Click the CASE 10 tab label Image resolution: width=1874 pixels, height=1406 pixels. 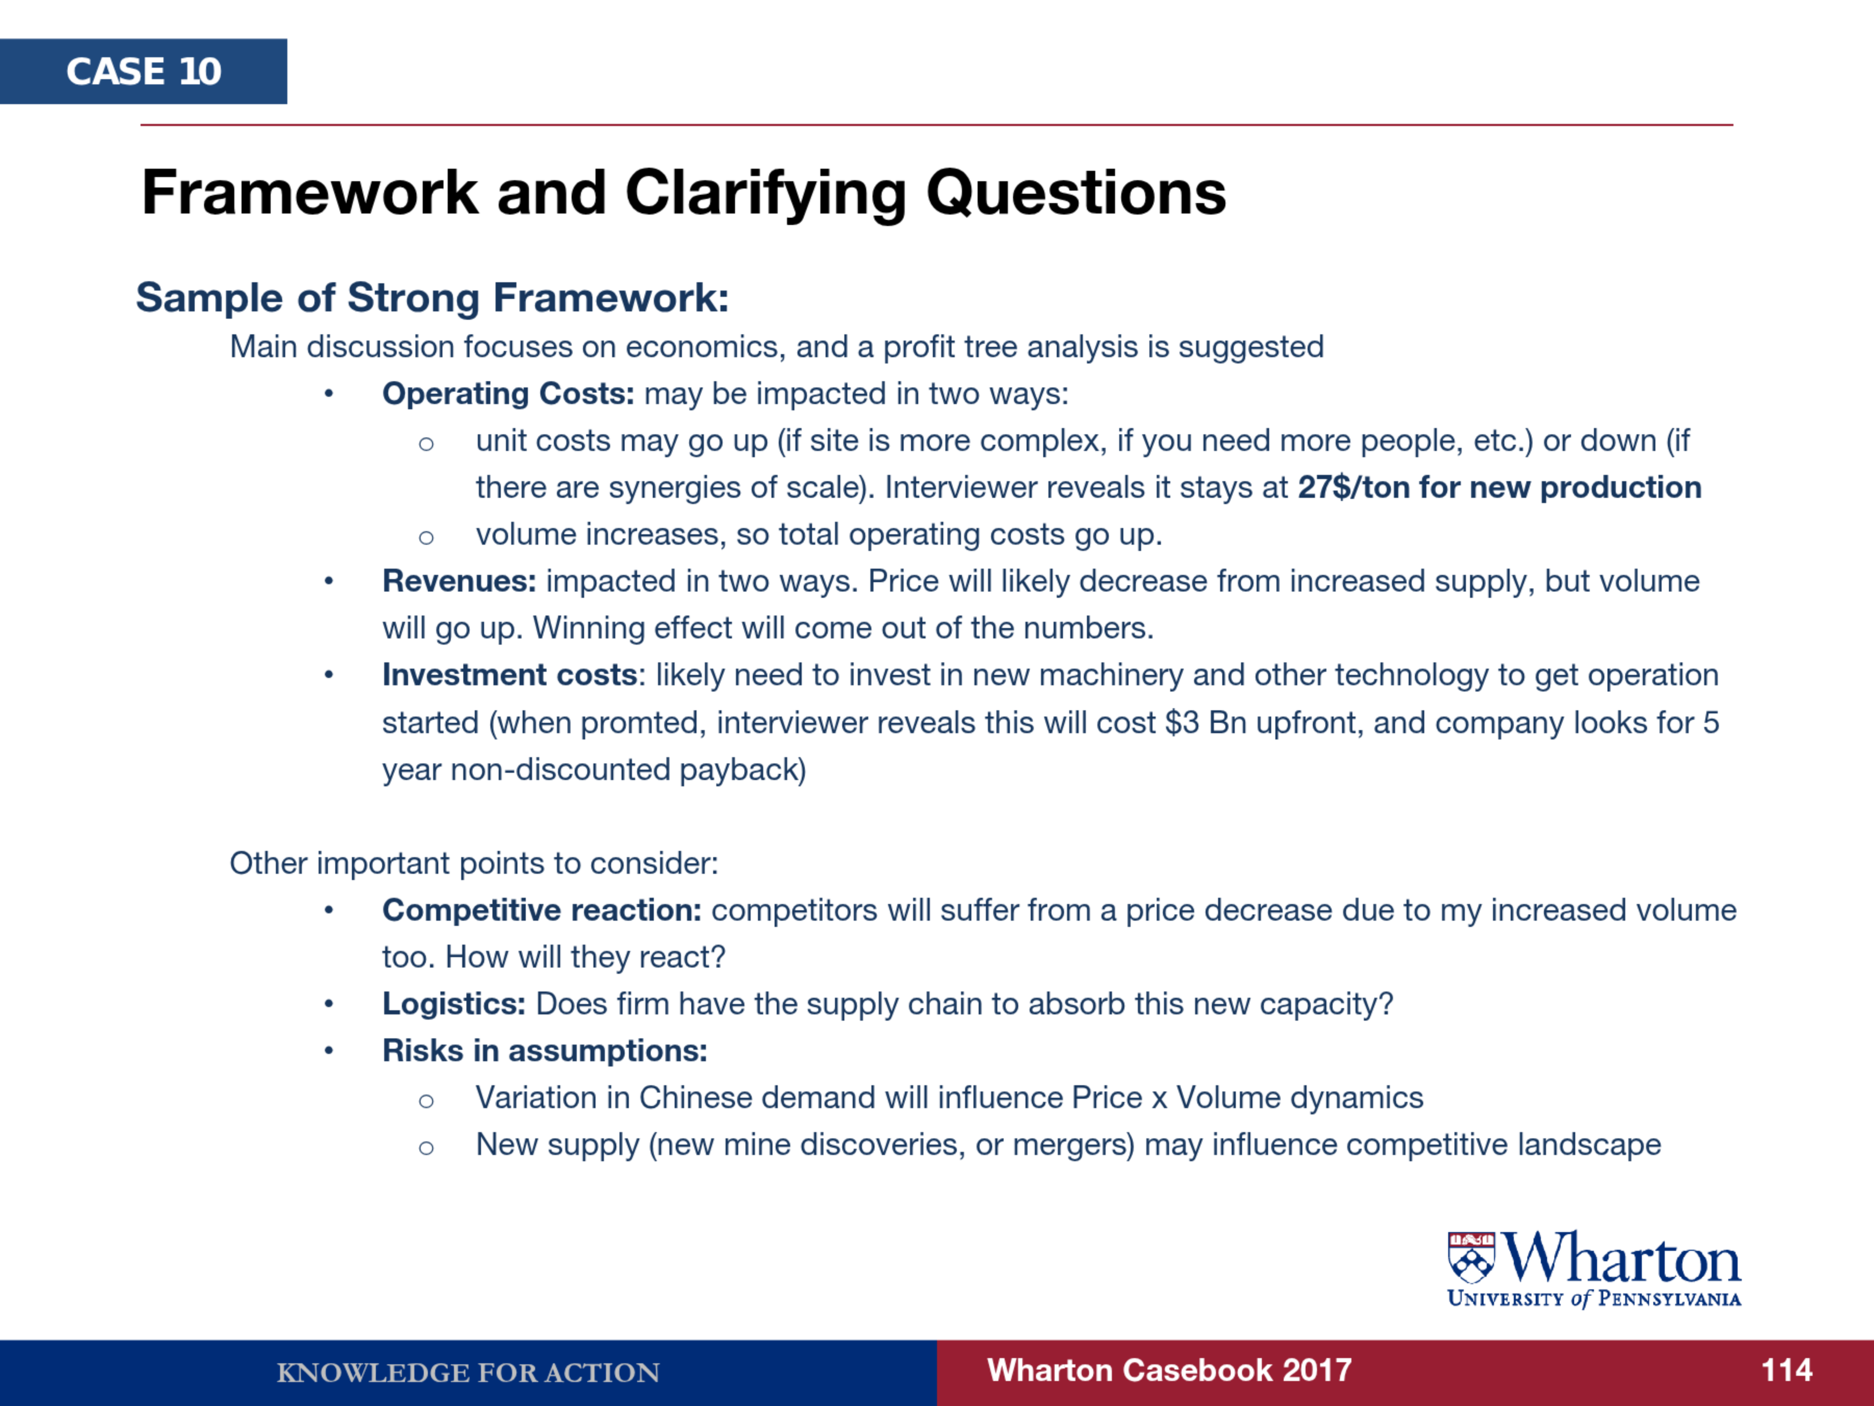coord(144,71)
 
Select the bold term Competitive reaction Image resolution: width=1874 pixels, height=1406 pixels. coord(541,910)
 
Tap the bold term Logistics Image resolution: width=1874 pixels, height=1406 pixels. coord(454,1005)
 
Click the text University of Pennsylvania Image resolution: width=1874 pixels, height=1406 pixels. coord(1593,1298)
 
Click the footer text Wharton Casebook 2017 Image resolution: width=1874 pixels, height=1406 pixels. coord(1169,1371)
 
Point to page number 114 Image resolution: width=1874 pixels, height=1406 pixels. coord(1787,1371)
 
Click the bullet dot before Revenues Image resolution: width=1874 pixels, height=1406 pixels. coord(328,581)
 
